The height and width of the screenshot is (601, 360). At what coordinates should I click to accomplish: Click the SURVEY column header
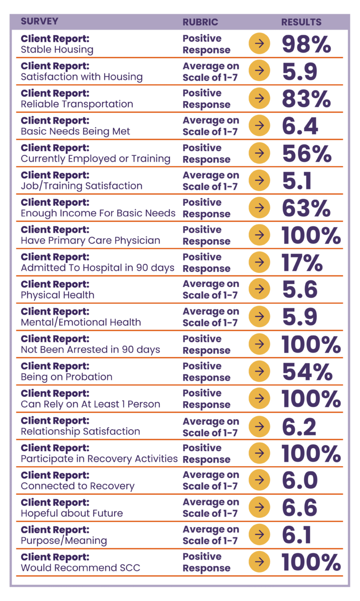pos(40,22)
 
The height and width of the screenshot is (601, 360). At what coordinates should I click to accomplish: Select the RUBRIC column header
pos(200,22)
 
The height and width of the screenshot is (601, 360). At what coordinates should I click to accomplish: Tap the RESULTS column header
pos(301,22)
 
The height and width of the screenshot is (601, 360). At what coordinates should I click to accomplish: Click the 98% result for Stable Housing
pos(306,44)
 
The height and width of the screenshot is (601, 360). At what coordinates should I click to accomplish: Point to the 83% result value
pos(306,99)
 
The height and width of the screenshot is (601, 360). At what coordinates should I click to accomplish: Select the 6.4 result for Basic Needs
pos(299,126)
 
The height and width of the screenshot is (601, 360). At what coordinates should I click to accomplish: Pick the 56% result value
pos(306,153)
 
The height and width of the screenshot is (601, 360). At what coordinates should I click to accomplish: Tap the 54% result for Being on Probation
pos(307,372)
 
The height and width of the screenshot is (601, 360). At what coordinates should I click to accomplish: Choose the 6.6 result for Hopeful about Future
pos(299,508)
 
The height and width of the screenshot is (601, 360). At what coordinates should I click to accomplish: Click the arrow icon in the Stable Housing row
pos(259,44)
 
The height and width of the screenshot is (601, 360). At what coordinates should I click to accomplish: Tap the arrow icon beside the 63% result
pos(259,208)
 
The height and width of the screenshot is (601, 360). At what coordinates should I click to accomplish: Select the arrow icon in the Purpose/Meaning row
pos(259,535)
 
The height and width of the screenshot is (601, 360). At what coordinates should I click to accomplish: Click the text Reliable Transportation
pos(77,104)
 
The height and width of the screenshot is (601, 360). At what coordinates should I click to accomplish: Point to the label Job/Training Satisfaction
pos(81,186)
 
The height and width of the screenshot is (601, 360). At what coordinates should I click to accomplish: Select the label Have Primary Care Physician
pos(90,240)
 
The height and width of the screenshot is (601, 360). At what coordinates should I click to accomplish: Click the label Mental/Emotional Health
pos(81,323)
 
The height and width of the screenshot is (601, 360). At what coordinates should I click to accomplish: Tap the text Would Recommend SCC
pos(80,568)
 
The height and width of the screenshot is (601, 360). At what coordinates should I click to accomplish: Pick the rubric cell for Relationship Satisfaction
pos(211,426)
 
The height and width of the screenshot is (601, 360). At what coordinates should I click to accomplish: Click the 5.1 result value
pos(296,180)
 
